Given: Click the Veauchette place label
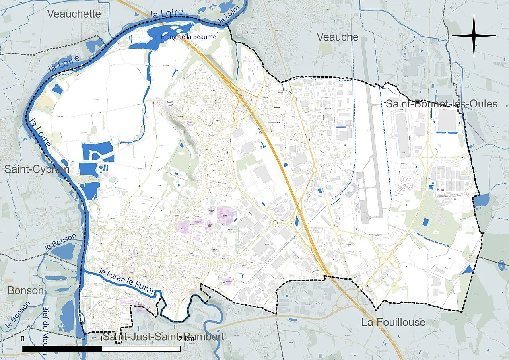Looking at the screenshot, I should coord(74,14).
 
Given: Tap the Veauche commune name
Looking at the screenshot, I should coord(337,37).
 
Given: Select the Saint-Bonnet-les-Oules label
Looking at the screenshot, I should coord(441,104).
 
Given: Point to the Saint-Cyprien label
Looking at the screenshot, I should coord(37,169).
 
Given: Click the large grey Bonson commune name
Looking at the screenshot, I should coord(25,290).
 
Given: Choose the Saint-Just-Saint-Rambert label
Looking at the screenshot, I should coord(163,337).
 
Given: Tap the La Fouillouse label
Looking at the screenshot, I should coord(393,322).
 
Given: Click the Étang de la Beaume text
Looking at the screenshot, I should coord(188,37).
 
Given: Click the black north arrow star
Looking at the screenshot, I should coord(474,36).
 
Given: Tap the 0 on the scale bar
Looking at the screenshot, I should coord(23,339).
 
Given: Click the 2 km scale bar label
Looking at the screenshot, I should coord(186,339).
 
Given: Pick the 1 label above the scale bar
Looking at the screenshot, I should coord(102,339).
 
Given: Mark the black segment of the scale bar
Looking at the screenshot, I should coord(62,349).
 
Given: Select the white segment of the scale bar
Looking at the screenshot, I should coord(141,349).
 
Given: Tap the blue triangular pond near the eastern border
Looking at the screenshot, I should coord(470,269).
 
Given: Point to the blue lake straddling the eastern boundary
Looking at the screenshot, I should coord(482,200).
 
